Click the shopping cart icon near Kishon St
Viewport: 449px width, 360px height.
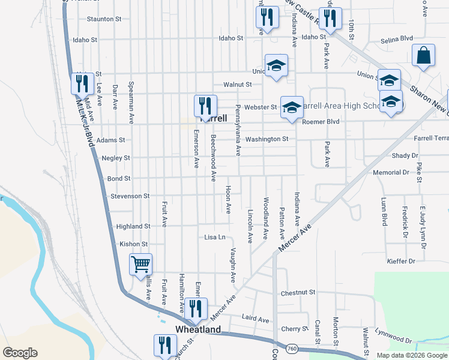[140, 264]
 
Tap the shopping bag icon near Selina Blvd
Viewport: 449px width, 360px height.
[423, 55]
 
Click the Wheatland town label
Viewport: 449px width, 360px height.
[197, 329]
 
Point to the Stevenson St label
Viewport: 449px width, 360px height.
[130, 196]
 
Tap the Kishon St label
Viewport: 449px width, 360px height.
[133, 244]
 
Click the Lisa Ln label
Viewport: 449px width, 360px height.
[214, 237]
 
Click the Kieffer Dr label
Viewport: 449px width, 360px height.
[403, 261]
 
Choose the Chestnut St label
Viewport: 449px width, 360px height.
[298, 293]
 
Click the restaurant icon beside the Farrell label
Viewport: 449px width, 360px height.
[205, 106]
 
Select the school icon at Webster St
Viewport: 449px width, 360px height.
[292, 107]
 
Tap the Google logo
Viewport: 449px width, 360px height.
[20, 353]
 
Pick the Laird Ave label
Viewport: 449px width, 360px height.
[255, 320]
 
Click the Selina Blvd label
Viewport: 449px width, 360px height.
[399, 41]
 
